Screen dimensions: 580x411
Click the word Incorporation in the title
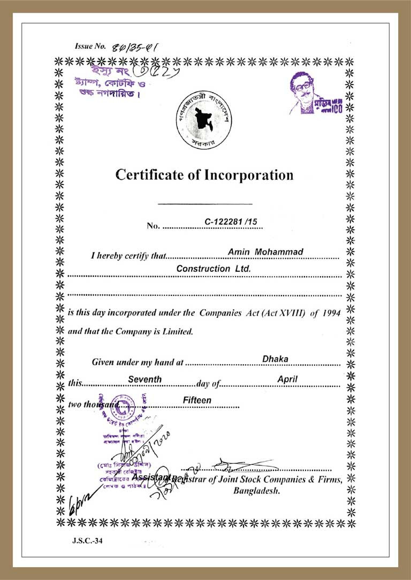(x=247, y=175)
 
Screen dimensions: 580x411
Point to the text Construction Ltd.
(x=214, y=269)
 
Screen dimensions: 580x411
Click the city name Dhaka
(x=275, y=359)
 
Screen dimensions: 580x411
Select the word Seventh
(x=144, y=379)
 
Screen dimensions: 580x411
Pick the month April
(x=287, y=379)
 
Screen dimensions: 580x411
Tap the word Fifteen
(x=197, y=400)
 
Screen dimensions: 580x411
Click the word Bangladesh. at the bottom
(x=256, y=491)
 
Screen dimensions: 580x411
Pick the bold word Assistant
(x=151, y=477)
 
